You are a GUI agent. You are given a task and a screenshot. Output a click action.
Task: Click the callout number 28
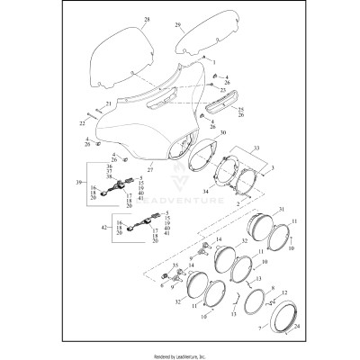(147, 19)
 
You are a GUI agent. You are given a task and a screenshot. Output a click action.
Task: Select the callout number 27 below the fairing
(150, 168)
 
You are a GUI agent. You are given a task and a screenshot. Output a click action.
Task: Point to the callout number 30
(222, 133)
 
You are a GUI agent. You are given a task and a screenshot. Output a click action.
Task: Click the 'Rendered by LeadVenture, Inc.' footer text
(180, 355)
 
